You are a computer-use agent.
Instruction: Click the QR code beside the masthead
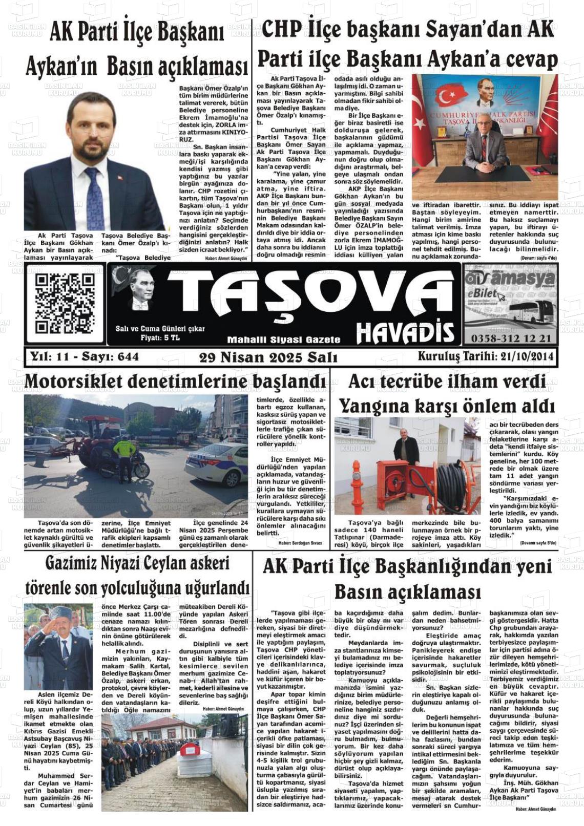click(x=65, y=304)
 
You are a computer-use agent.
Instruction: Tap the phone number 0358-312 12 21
click(x=510, y=338)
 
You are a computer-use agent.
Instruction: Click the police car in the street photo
click(x=217, y=463)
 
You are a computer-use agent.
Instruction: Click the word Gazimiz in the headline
click(x=75, y=564)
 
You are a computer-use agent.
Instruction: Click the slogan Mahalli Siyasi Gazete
click(x=283, y=340)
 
